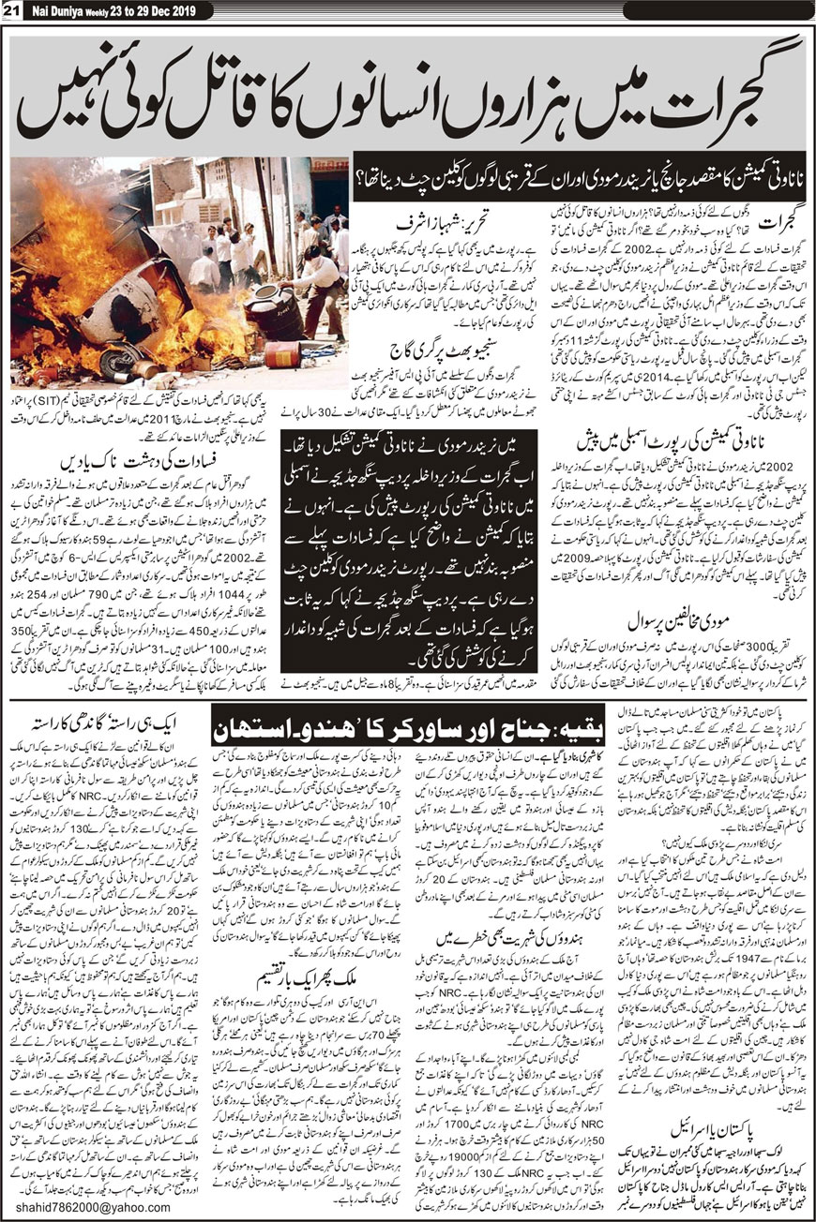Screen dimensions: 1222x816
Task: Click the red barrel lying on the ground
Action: coord(282,353)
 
